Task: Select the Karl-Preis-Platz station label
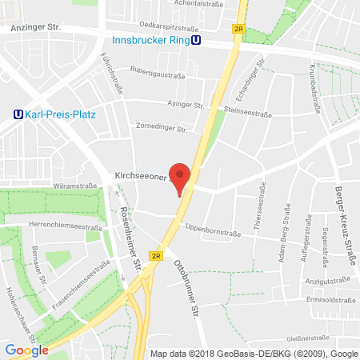point(61,114)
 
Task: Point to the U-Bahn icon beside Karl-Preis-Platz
point(18,114)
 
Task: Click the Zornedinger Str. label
point(161,128)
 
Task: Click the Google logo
point(26,350)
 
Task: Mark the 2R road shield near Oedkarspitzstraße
point(238,28)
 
